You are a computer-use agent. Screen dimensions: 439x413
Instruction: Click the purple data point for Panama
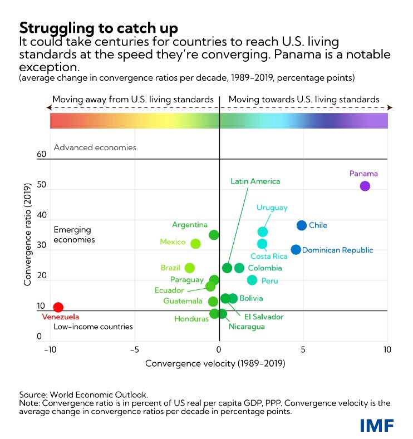coord(365,186)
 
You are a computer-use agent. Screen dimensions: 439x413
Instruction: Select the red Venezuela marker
coord(58,307)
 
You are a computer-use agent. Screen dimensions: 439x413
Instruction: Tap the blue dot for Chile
coord(302,225)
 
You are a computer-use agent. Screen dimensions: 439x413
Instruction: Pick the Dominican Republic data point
coord(296,249)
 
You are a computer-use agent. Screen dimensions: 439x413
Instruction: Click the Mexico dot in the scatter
coord(195,244)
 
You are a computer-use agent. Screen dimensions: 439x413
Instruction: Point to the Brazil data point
coord(190,268)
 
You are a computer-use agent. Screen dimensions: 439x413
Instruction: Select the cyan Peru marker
coord(252,280)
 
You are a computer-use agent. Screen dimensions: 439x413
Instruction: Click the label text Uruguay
coord(272,208)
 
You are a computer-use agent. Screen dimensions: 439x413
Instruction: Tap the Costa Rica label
coord(269,257)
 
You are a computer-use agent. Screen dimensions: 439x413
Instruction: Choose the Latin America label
coord(255,181)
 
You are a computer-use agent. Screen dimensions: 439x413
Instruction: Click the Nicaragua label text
coord(247,326)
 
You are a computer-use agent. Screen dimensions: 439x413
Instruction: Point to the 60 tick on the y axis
coord(41,155)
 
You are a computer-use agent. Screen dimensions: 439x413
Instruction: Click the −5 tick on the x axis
coord(134,350)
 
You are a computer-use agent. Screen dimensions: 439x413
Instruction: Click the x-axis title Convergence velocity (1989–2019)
coord(215,364)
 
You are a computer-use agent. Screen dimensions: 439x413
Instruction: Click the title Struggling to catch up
coord(99,28)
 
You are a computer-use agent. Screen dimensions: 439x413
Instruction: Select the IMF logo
coord(377,425)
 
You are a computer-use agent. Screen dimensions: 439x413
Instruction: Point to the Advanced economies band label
coord(95,148)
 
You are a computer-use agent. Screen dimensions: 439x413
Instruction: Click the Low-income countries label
coord(93,327)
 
